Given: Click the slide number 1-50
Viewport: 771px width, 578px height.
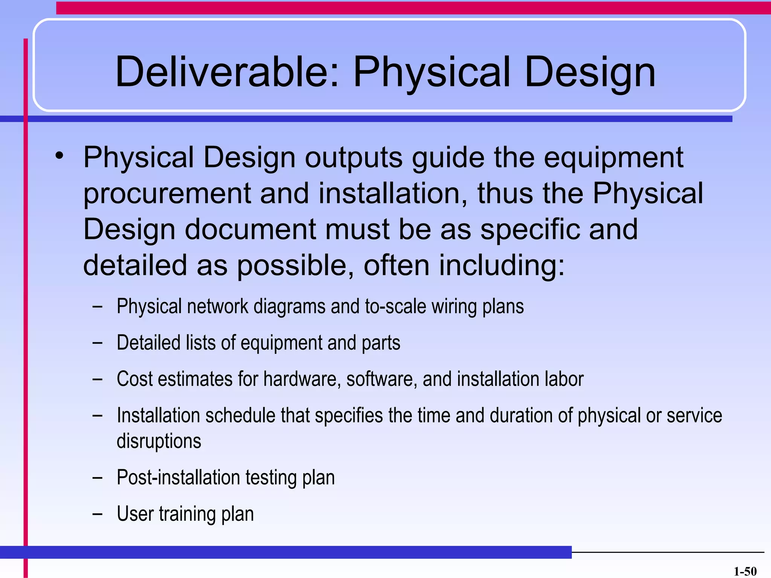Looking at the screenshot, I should click(x=745, y=571).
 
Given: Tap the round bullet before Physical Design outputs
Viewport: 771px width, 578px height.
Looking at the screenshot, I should click(x=59, y=155).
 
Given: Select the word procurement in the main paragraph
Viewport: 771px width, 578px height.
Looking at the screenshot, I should click(x=167, y=194).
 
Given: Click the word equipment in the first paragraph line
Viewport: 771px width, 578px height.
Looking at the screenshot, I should click(x=613, y=158).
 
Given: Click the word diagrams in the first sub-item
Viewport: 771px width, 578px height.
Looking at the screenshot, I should click(x=289, y=306).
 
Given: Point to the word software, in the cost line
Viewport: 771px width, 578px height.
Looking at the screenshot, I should click(x=381, y=379).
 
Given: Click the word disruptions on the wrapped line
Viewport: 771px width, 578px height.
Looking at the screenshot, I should click(x=159, y=441).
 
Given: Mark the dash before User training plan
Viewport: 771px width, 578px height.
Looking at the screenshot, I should click(x=97, y=514).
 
